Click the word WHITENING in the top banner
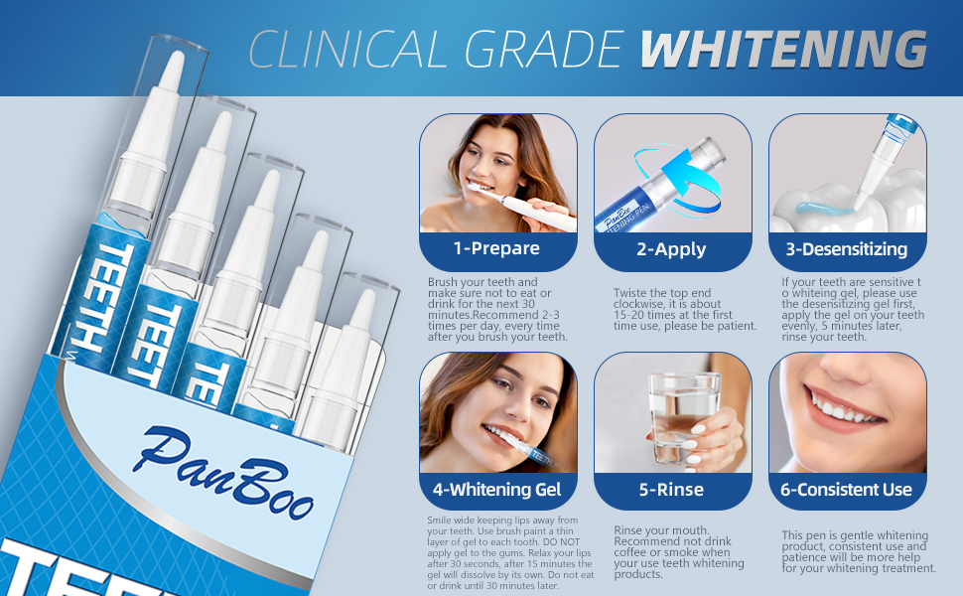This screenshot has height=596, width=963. tap(783, 49)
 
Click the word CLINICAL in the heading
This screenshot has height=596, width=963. tap(347, 49)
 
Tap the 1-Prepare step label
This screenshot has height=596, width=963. tap(496, 248)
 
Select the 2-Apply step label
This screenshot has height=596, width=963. tap(671, 249)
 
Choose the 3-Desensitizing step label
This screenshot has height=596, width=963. tap(846, 249)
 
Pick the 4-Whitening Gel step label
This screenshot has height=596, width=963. tap(496, 490)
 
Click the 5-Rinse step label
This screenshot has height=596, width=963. tap(671, 490)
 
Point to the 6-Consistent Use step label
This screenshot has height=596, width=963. tap(846, 490)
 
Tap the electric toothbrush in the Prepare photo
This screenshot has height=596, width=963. tap(521, 206)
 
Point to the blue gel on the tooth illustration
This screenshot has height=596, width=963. tap(824, 209)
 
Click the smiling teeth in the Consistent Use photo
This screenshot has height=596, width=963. tap(844, 408)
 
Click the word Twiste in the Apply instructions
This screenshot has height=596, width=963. tap(630, 293)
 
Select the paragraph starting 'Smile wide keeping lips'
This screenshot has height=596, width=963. tap(510, 553)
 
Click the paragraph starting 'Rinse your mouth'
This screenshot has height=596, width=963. tap(679, 552)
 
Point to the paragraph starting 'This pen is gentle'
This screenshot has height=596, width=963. tap(859, 551)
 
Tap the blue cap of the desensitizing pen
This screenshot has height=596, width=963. tap(901, 124)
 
